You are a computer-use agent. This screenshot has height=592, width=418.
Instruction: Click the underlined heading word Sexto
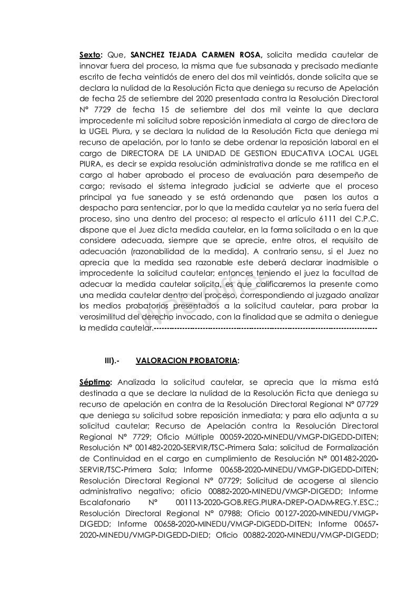89,54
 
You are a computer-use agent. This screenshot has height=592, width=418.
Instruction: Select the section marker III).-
112,361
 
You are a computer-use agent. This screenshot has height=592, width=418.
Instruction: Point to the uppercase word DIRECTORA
146,153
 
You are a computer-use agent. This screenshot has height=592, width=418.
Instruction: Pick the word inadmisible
343,263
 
